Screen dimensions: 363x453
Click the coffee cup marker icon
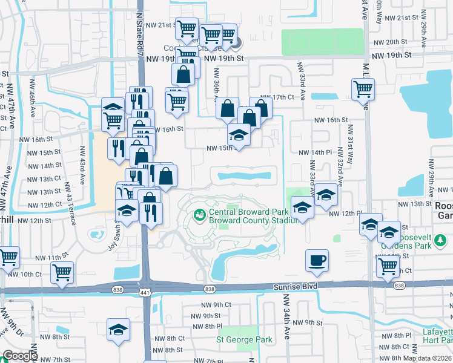point(317,261)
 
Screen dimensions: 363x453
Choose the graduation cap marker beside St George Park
point(119,329)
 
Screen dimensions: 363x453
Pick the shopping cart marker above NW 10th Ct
point(62,273)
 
